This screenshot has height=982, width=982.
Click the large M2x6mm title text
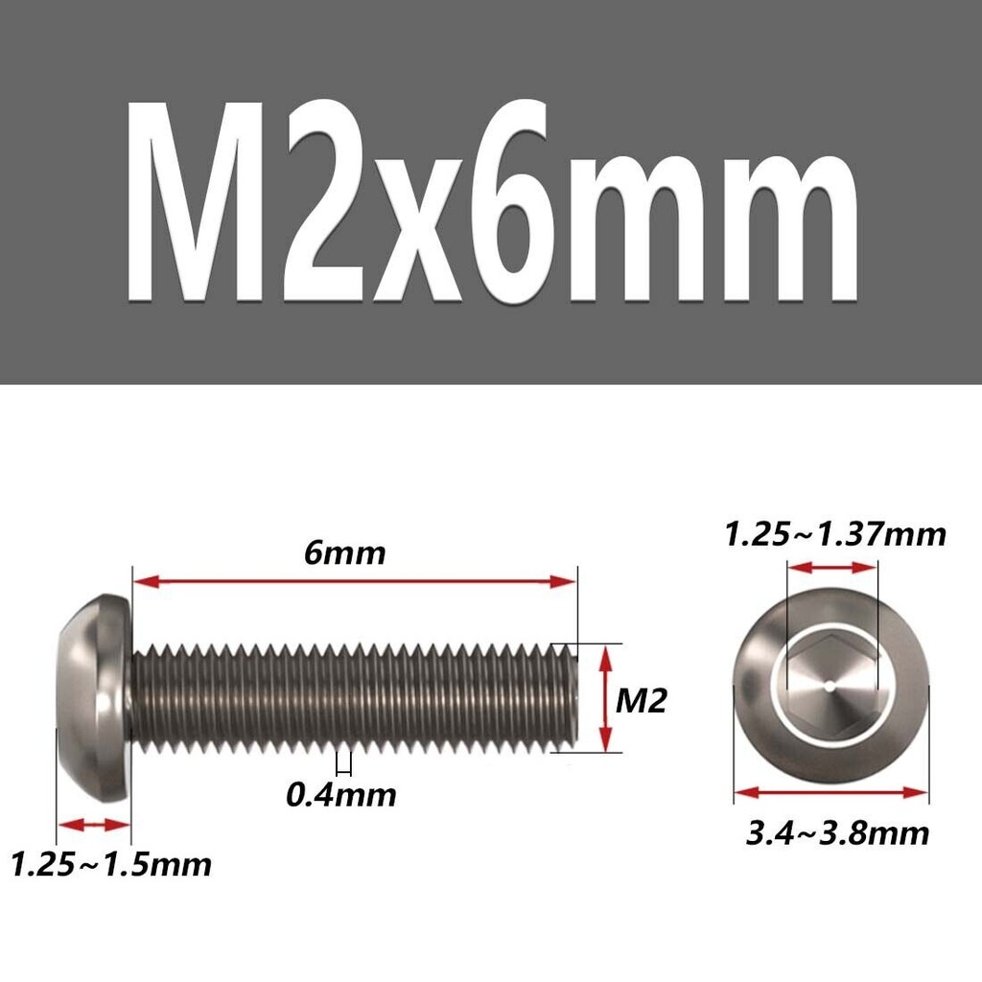click(x=493, y=201)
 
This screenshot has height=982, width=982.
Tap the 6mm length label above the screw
click(x=344, y=553)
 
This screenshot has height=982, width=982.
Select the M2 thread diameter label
click(x=641, y=701)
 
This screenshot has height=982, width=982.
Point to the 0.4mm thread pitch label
click(x=341, y=795)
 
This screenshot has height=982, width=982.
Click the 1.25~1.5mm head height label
click(x=111, y=865)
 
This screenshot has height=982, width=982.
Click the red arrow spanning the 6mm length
click(x=355, y=582)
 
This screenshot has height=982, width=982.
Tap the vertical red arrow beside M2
click(x=605, y=698)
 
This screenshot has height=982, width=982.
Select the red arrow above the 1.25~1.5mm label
click(x=93, y=824)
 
